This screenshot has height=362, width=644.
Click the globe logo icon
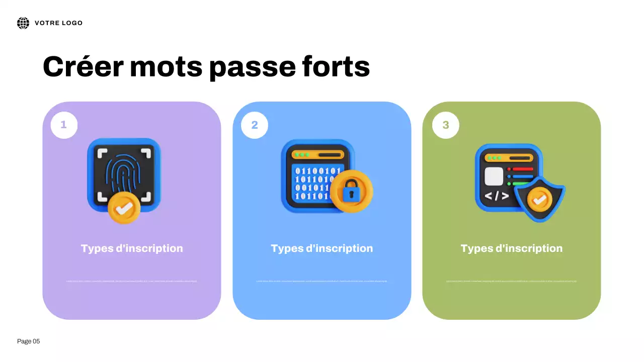tap(23, 23)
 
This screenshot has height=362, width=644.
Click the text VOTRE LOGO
tap(58, 23)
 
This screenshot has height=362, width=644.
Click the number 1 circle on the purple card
tap(64, 125)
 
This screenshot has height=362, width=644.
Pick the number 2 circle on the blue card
tap(255, 125)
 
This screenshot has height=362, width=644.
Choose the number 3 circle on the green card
tap(445, 125)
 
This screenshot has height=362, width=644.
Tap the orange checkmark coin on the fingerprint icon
tap(124, 207)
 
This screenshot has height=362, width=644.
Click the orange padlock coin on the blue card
tap(352, 192)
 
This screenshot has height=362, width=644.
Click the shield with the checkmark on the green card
tap(540, 199)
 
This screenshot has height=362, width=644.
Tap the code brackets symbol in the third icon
tap(497, 196)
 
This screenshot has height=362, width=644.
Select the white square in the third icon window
tap(494, 176)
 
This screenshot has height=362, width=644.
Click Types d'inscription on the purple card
tap(132, 248)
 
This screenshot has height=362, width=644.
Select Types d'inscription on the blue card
tap(322, 248)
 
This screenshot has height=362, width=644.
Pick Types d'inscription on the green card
tap(512, 248)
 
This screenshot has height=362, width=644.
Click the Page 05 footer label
tap(29, 341)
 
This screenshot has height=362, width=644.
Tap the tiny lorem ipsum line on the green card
tap(512, 281)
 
